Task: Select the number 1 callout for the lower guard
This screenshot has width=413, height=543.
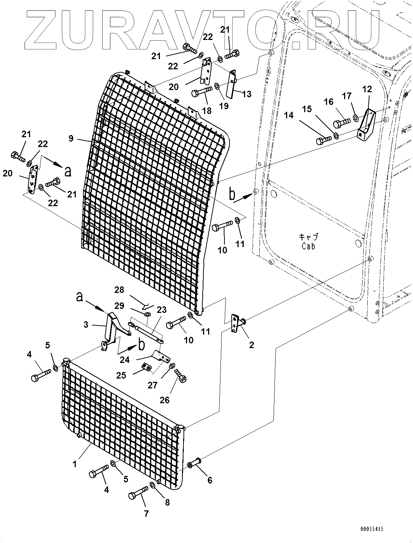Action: [74, 464]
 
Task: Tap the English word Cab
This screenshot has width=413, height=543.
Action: [308, 246]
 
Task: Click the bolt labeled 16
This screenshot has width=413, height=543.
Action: [341, 123]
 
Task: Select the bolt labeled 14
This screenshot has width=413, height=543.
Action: [324, 140]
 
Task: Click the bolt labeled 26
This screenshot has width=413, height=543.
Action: [181, 376]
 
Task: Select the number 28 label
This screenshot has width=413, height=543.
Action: [119, 290]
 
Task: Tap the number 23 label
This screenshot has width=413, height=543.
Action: [161, 310]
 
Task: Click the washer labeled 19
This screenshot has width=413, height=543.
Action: [216, 86]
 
